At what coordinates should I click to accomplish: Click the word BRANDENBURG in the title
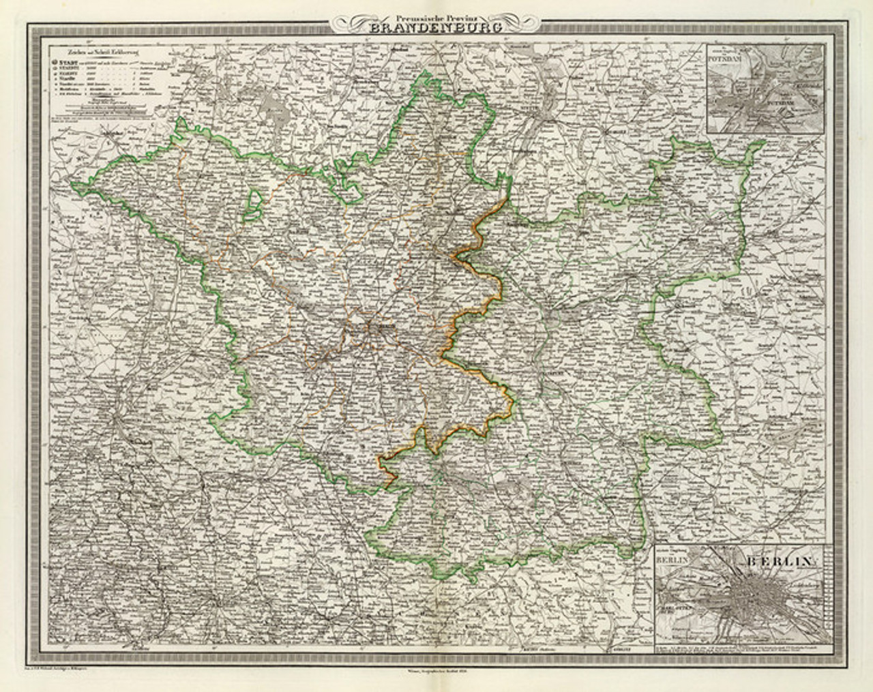click(436, 28)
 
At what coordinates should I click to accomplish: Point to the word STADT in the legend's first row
click(68, 61)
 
